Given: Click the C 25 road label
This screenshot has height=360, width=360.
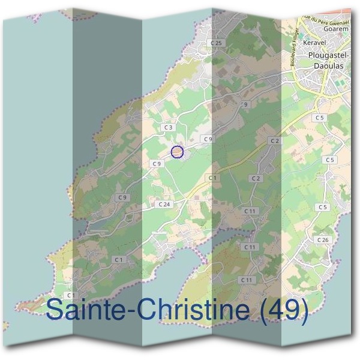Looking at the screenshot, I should coord(217,43).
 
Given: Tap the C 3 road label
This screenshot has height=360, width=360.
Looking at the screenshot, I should coord(168,127).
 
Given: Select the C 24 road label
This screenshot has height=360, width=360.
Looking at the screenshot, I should coord(163,205).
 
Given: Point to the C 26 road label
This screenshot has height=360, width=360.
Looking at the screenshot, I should coord(323,240).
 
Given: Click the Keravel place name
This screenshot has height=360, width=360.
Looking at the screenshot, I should coord(314,44).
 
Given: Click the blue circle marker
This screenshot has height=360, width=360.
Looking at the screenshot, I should coord(176,152).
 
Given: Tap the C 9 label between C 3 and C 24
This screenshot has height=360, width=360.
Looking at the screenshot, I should coord(157,164).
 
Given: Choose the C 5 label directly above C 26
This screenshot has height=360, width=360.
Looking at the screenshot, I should coord(323,207).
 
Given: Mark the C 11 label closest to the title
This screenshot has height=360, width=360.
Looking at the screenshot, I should coord(246,280).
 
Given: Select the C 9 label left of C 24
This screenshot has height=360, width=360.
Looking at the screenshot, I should coord(123,197).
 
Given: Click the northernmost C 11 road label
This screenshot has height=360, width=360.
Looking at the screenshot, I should coord(250,211).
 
